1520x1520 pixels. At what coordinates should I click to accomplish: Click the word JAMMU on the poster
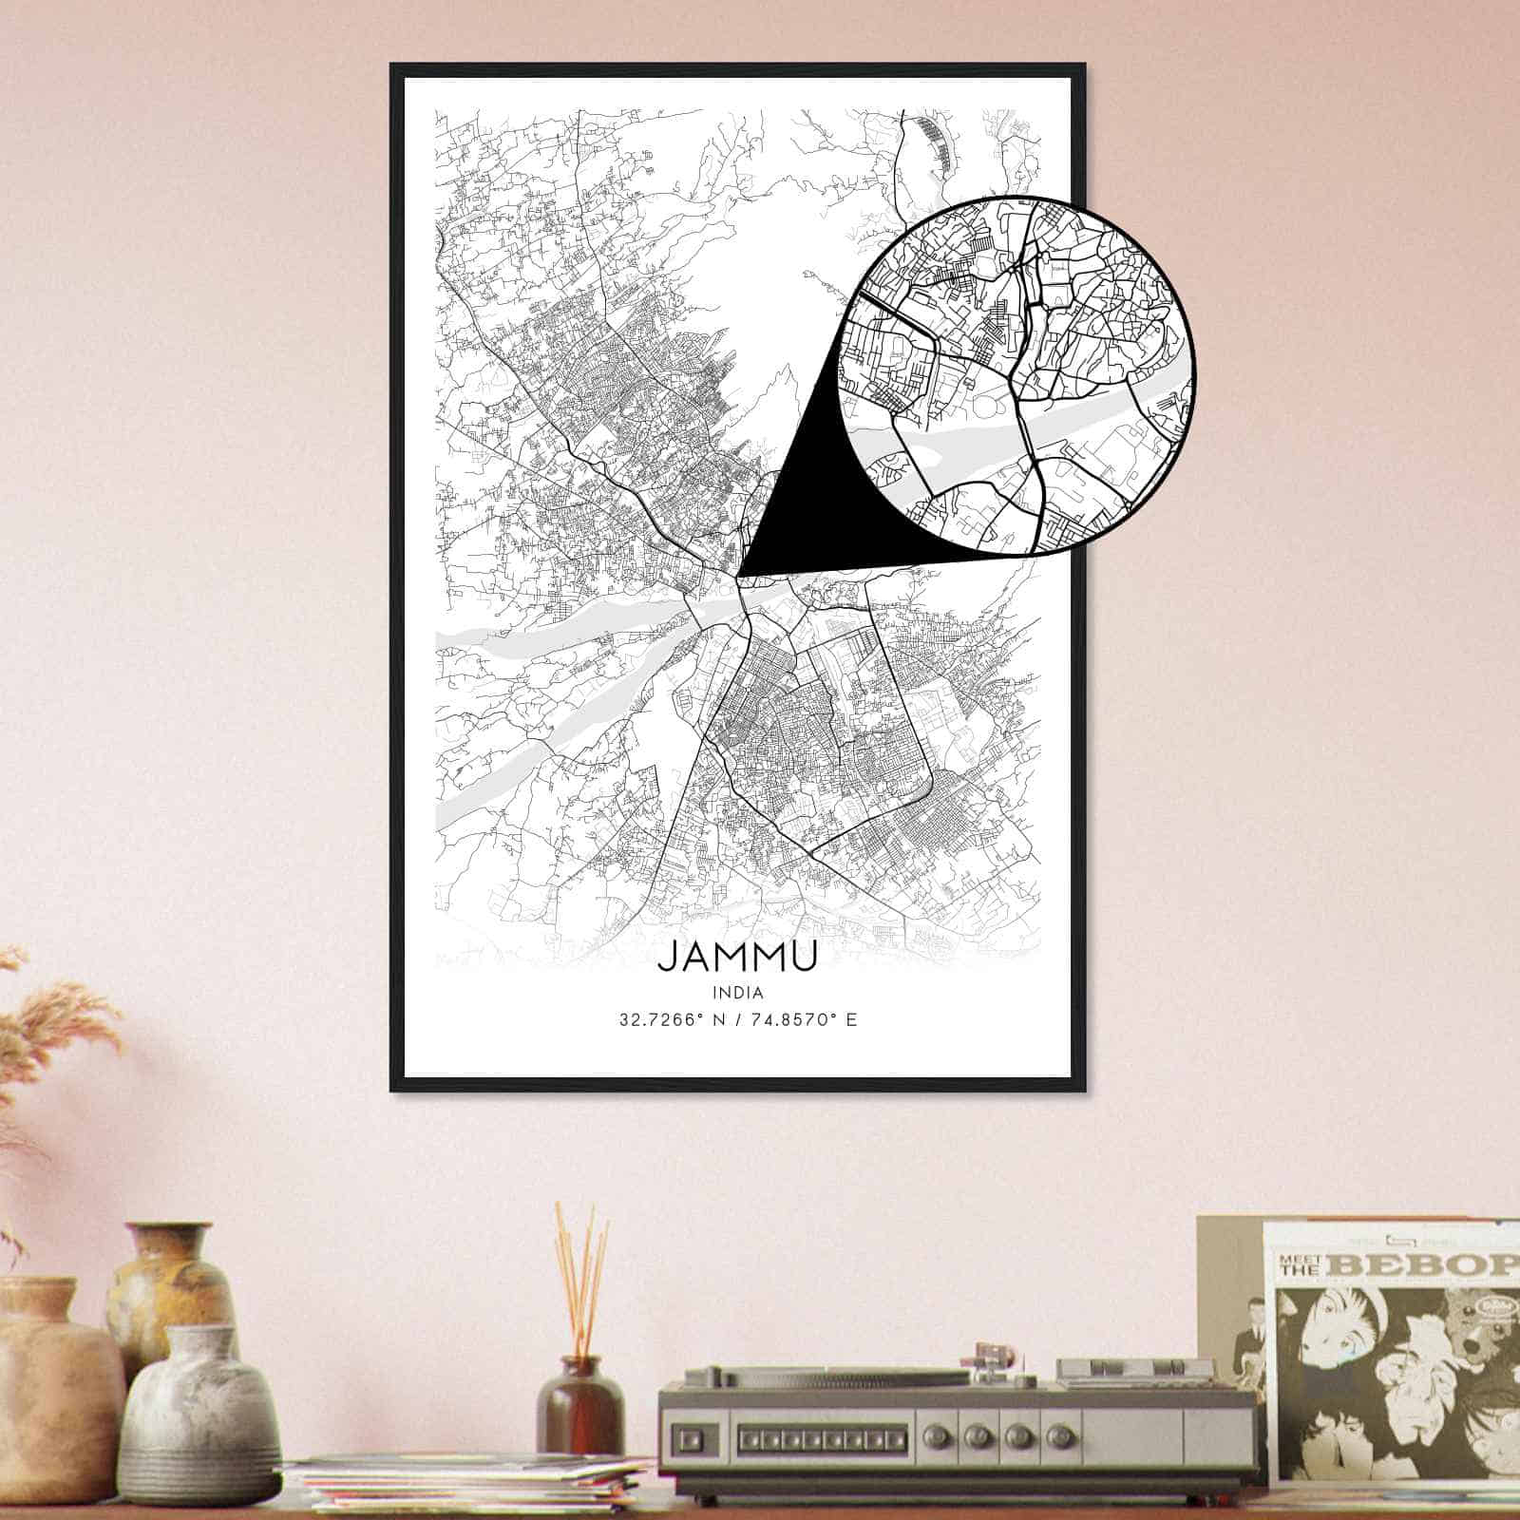point(736,956)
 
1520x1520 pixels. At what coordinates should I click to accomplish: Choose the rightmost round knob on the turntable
point(1052,1434)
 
